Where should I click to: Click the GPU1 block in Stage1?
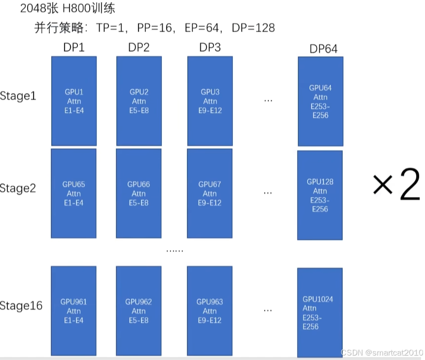click(x=74, y=101)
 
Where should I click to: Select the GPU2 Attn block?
click(x=139, y=101)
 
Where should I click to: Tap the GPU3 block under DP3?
click(x=210, y=101)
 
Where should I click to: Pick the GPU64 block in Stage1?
click(x=320, y=101)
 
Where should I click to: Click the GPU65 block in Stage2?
click(x=74, y=194)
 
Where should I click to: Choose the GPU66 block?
click(x=139, y=194)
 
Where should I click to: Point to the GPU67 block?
click(x=210, y=194)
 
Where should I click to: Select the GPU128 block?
click(x=320, y=195)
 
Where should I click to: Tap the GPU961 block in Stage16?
click(x=74, y=311)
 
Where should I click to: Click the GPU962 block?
click(x=139, y=311)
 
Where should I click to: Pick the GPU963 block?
click(x=210, y=311)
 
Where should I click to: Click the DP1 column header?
click(x=74, y=48)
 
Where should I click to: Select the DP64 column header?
click(x=323, y=49)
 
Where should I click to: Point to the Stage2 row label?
click(x=18, y=188)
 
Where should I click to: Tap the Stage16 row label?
click(x=21, y=306)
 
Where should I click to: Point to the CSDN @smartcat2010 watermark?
click(x=382, y=353)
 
